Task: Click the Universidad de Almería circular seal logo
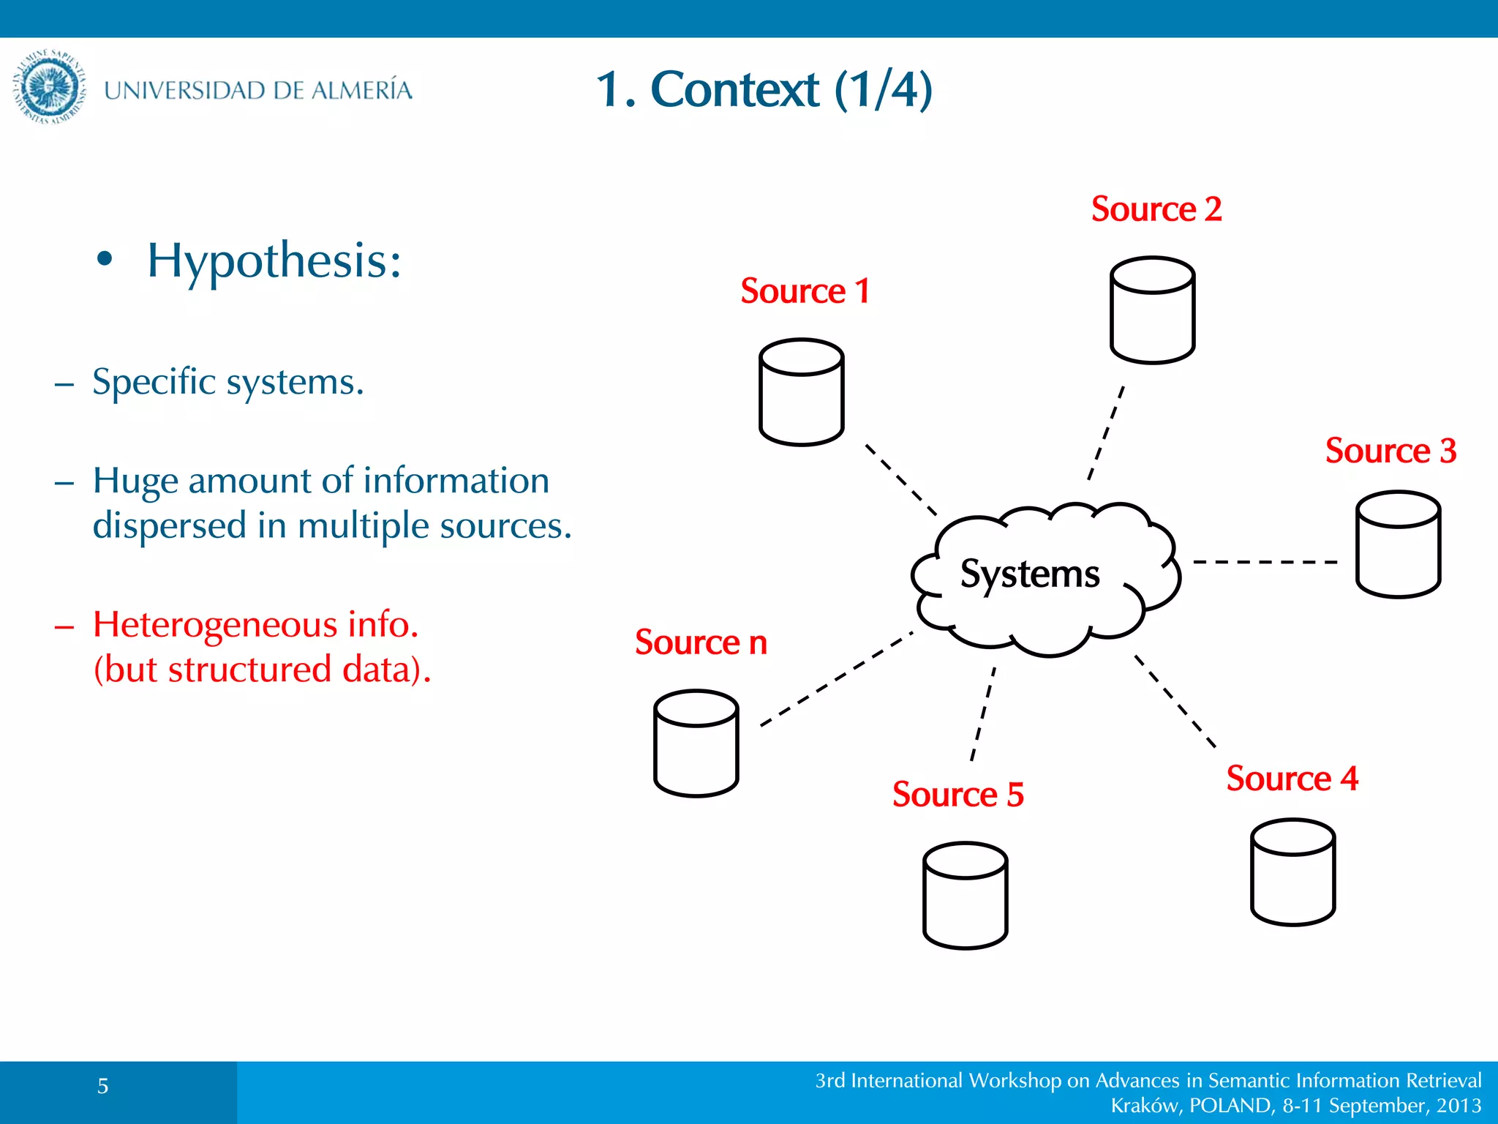click(x=49, y=87)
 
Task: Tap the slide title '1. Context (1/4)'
click(x=764, y=89)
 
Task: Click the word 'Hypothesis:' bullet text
click(x=274, y=261)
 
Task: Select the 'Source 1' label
click(x=805, y=291)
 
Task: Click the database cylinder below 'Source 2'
click(x=1152, y=310)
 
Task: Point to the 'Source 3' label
click(x=1390, y=451)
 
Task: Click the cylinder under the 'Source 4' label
click(x=1292, y=872)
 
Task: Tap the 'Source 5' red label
click(x=957, y=795)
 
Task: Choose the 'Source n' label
click(x=701, y=642)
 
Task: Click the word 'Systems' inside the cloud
click(x=1029, y=574)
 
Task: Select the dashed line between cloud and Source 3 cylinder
click(x=1265, y=562)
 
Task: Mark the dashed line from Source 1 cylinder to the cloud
click(x=901, y=480)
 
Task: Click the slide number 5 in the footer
click(x=103, y=1086)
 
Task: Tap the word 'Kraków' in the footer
click(x=1145, y=1105)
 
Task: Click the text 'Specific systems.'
click(x=227, y=382)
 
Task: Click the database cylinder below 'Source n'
click(x=696, y=743)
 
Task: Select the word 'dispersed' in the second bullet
click(x=169, y=525)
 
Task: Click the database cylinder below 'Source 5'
click(x=965, y=896)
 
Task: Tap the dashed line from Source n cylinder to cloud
click(x=837, y=679)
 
